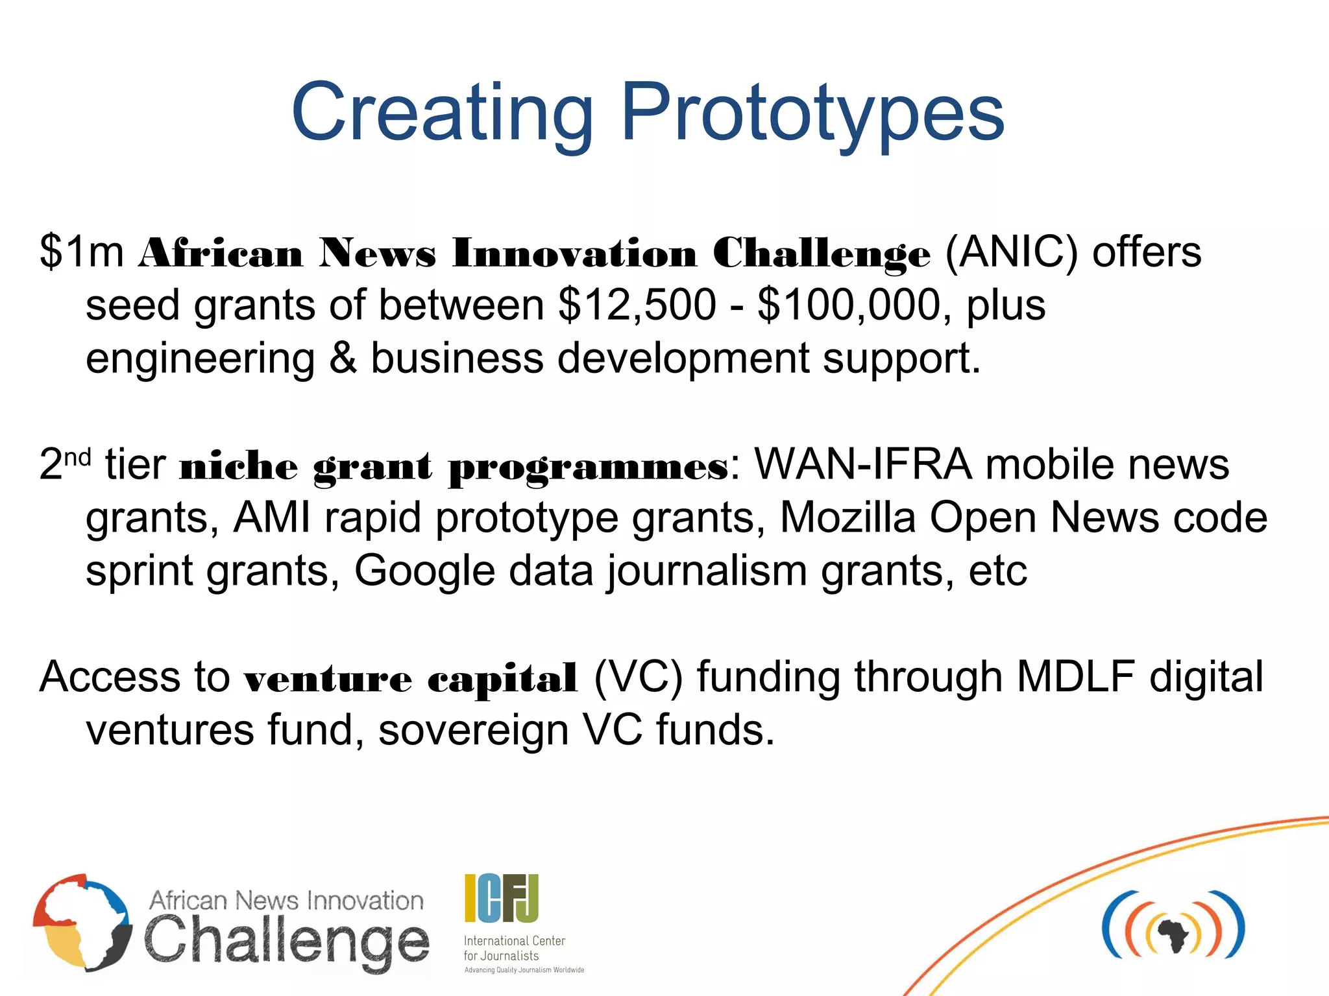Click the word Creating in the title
443,113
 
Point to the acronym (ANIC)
1011,252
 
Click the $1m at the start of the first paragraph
82,252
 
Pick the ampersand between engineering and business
343,358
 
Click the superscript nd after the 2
77,457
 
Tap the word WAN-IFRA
862,464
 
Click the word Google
424,571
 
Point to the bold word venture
328,678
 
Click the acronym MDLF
1076,677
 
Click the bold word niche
239,466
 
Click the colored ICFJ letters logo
501,898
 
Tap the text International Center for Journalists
514,948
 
